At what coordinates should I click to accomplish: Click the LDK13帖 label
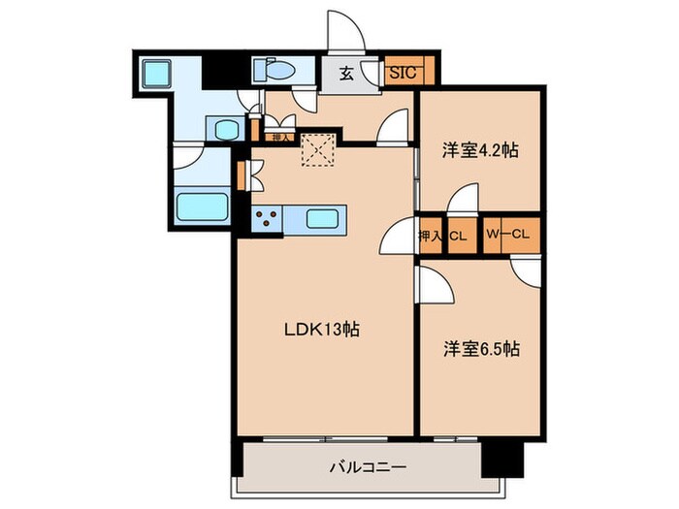click(321, 330)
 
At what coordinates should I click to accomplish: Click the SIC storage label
click(401, 71)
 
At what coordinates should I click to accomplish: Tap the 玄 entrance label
click(346, 71)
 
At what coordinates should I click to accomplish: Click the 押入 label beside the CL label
click(431, 234)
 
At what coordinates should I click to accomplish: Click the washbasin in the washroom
click(227, 130)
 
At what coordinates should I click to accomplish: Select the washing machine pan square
click(154, 74)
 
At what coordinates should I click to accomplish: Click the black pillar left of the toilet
click(221, 72)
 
